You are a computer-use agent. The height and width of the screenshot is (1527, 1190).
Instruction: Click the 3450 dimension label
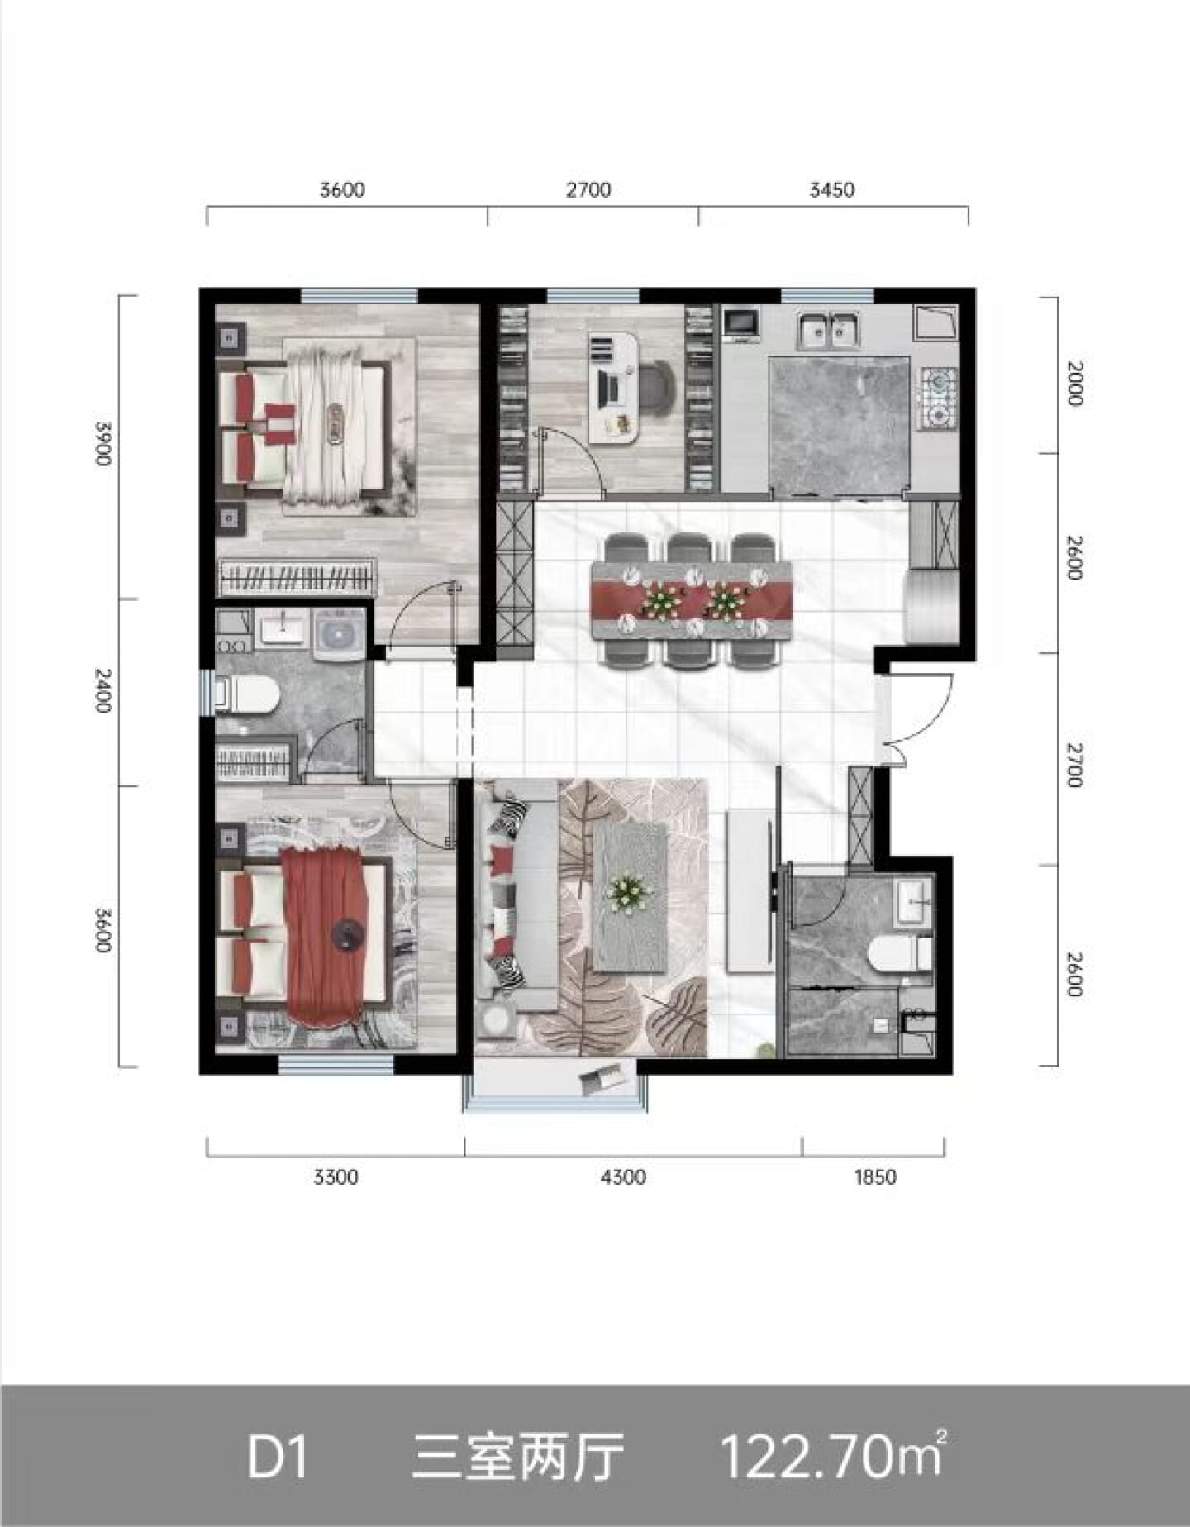pos(831,190)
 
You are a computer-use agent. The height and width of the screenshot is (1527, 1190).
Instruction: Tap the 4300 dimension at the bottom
pos(623,1176)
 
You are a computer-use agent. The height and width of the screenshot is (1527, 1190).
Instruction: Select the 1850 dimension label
pos(874,1176)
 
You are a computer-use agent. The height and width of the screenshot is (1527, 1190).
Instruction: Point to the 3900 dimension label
pos(102,443)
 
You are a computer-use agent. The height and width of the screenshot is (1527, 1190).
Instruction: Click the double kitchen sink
pos(827,328)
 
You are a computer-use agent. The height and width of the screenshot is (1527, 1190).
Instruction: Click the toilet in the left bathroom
pos(245,694)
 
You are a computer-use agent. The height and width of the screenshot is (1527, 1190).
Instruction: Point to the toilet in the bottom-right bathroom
pos(900,952)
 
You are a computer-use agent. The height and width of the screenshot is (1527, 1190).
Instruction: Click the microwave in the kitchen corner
pos(741,322)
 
